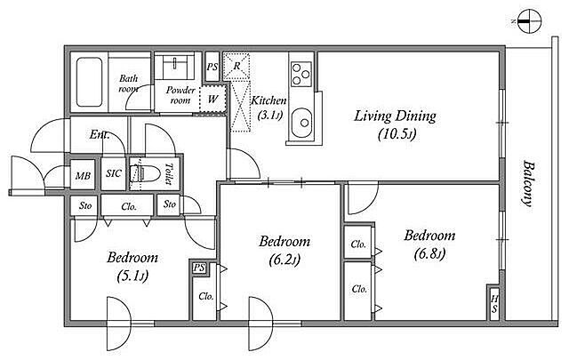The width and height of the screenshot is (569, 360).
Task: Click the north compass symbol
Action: pyautogui.click(x=529, y=21)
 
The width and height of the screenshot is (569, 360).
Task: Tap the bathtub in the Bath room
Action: pyautogui.click(x=89, y=82)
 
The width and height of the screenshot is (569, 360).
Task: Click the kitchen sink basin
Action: pyautogui.click(x=301, y=123)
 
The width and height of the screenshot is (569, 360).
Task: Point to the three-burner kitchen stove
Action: pyautogui.click(x=301, y=74)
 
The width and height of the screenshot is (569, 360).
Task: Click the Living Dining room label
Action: pyautogui.click(x=395, y=116)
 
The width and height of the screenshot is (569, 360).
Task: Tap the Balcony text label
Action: pyautogui.click(x=529, y=183)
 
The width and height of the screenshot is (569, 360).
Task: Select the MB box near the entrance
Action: pyautogui.click(x=83, y=175)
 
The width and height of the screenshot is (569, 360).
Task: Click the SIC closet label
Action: pyautogui.click(x=114, y=173)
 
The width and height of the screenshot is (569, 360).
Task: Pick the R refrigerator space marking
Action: pyautogui.click(x=236, y=66)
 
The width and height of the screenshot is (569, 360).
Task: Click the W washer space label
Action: pyautogui.click(x=212, y=99)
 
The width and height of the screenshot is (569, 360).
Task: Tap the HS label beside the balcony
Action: pyautogui.click(x=494, y=304)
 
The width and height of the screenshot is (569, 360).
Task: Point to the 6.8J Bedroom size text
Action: pyautogui.click(x=429, y=254)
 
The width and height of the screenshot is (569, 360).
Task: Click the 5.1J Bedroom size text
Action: pyautogui.click(x=132, y=276)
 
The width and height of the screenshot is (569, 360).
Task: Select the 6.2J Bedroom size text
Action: pyautogui.click(x=284, y=260)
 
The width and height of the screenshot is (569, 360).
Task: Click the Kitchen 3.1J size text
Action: pyautogui.click(x=269, y=116)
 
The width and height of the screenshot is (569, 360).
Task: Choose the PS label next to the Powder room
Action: pyautogui.click(x=212, y=67)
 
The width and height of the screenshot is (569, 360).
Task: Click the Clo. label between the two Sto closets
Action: pyautogui.click(x=129, y=207)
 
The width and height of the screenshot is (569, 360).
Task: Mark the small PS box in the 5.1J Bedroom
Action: pyautogui.click(x=199, y=268)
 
